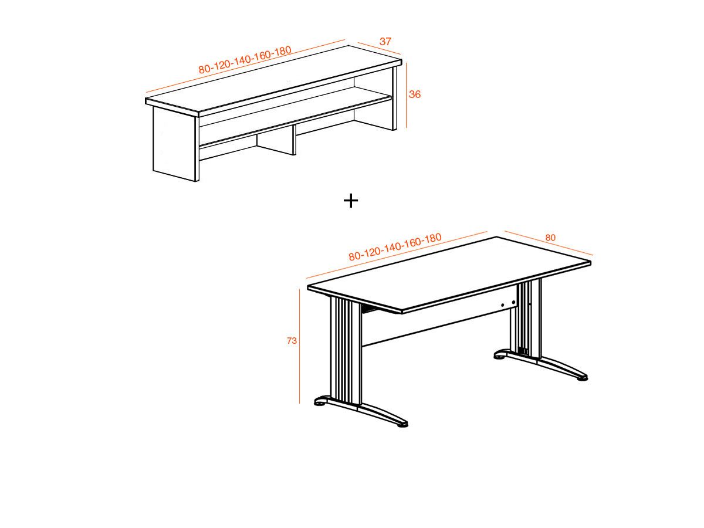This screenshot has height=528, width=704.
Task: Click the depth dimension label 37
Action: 385,42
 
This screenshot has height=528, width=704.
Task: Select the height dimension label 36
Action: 415,94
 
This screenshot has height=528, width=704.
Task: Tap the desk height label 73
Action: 292,340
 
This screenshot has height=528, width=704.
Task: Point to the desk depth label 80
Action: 550,238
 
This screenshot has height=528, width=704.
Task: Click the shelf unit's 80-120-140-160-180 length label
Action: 245,60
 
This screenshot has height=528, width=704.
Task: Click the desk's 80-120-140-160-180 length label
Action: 395,247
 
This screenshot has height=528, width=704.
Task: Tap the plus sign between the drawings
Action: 350,201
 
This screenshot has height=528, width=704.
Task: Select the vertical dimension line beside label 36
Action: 406,94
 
